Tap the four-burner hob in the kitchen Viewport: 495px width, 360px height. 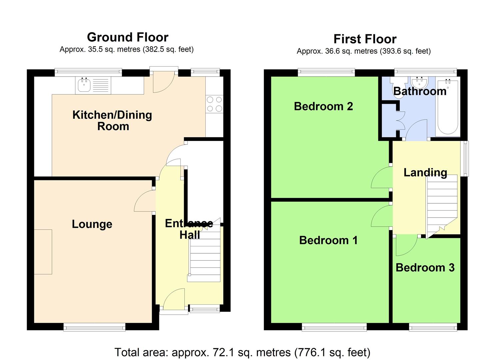point(214,104)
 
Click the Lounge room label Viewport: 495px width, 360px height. point(92,224)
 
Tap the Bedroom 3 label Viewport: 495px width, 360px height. point(425,268)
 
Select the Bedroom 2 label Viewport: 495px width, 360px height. point(323,106)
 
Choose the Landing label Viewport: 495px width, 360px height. point(425,173)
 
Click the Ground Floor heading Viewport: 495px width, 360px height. point(128,37)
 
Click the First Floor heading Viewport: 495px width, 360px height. point(365,39)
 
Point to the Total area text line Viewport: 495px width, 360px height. point(242,352)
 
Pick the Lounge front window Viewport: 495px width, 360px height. point(94,327)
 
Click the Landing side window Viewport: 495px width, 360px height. point(464,158)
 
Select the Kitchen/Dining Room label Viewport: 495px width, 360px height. point(112,121)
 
